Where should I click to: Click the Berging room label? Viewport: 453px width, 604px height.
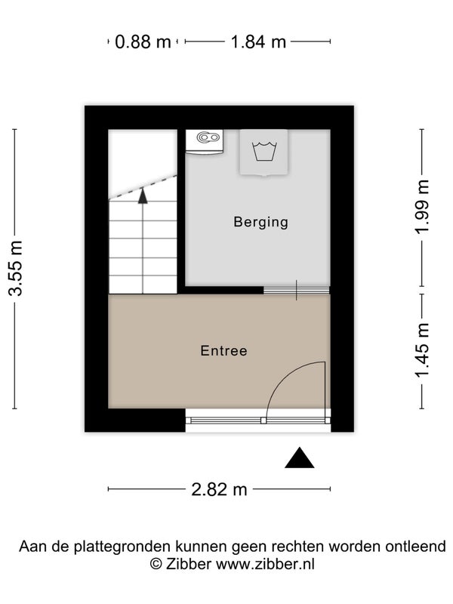pos(260,222)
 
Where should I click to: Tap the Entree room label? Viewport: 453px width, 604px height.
pos(223,350)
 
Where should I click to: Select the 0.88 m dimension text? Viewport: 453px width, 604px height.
pos(143,42)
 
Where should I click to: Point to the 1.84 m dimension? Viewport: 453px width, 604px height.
pos(258,42)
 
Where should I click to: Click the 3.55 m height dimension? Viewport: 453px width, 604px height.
pos(16,268)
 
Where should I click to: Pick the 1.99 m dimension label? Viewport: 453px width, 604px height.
pos(422,206)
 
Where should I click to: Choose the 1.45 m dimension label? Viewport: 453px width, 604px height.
pos(422,351)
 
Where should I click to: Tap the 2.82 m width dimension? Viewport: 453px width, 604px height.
pos(219,489)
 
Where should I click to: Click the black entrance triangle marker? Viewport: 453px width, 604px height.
pos(299,458)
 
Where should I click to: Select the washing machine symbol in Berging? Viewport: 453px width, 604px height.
pos(263,153)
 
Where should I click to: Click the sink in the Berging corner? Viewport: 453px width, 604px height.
pos(205,142)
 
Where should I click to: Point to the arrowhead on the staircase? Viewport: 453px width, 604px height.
pos(143,196)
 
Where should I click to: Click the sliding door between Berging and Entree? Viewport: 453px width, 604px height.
pos(297,291)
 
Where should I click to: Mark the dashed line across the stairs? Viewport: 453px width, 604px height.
pos(143,187)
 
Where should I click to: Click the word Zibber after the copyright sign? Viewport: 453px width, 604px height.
pos(188,564)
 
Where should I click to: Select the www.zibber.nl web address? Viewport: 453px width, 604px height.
pos(265,564)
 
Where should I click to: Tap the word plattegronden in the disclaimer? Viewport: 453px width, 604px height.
pos(122,547)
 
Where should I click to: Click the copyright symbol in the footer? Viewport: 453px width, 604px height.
pos(156,564)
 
